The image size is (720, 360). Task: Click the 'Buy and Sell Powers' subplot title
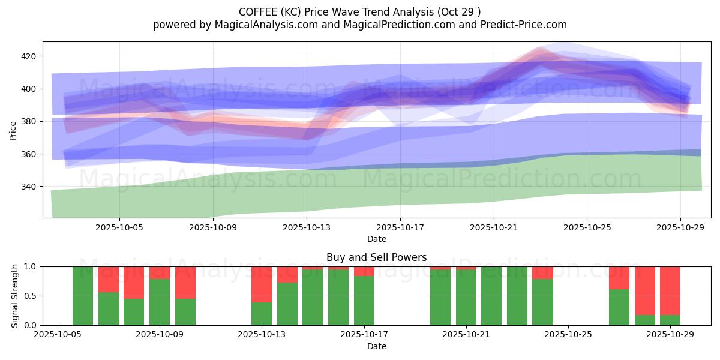point(376,257)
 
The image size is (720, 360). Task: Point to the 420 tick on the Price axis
point(29,56)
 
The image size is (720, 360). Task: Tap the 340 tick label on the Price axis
point(29,187)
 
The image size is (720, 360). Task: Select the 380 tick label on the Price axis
point(29,122)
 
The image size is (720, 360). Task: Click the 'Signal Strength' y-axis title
point(15,296)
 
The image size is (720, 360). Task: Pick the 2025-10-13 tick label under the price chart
point(307,227)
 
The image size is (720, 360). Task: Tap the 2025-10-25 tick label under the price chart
point(587,227)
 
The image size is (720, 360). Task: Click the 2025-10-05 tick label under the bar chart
point(58,335)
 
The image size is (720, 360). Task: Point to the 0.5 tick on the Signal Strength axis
point(31,296)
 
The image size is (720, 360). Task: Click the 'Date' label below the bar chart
point(376,346)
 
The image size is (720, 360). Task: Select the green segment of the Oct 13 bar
point(262,314)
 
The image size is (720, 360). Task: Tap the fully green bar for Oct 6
point(83,296)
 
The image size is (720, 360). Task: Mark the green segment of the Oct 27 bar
point(619,307)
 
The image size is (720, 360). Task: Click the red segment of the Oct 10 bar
point(185,282)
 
